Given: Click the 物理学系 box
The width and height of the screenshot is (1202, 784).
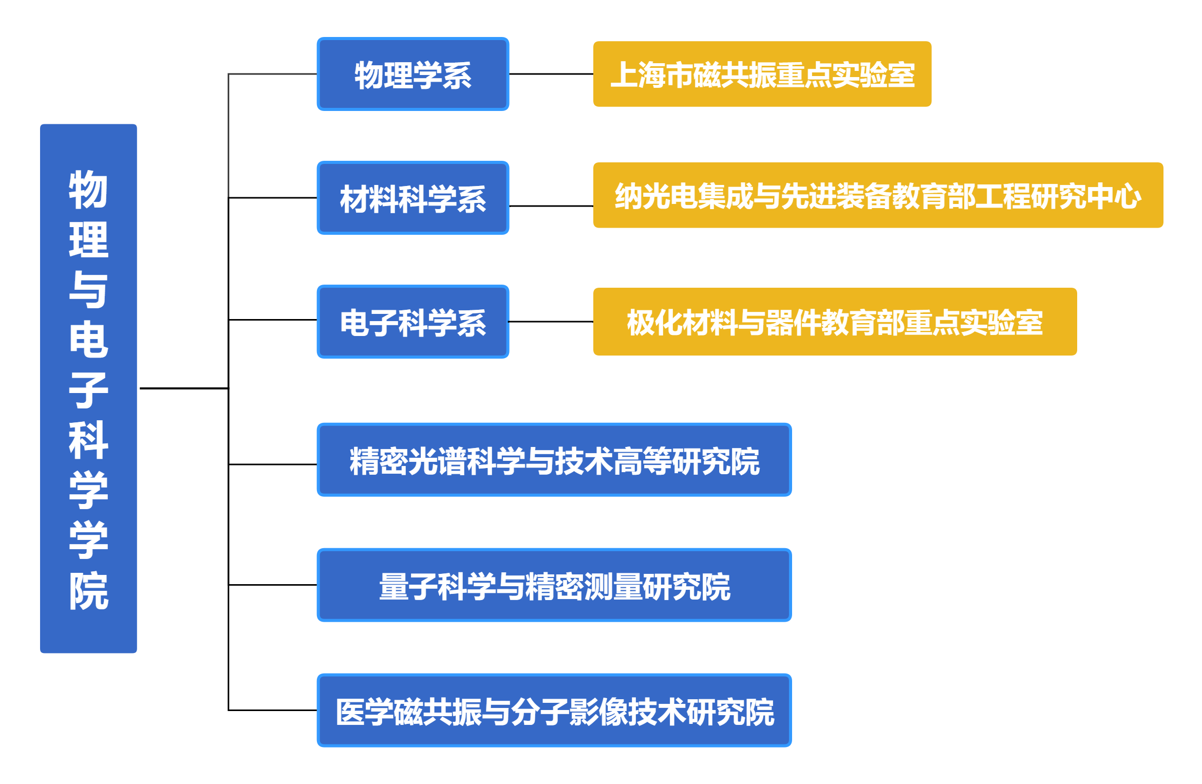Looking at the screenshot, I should coord(413,74).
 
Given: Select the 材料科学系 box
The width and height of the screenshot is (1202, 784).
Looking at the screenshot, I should coord(413,198).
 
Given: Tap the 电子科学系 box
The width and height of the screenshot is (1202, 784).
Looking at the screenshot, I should coord(413,322).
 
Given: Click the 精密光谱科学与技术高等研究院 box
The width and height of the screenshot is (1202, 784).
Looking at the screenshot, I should coord(554,460).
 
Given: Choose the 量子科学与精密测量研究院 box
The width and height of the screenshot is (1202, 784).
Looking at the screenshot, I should coord(554,585).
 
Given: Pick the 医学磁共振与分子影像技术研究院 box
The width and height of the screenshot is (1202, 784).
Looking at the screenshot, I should coord(554,711).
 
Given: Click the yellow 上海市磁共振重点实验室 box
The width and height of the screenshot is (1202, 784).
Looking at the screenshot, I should coord(762,74).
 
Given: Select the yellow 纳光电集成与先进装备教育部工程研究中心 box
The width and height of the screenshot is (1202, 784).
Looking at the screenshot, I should coord(878,196).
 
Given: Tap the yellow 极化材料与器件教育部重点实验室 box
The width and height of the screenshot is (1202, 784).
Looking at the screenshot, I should coord(835,322).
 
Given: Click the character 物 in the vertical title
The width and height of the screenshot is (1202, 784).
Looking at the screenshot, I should coord(88,190).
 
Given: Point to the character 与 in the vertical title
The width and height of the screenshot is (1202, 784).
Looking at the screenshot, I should coord(88,290).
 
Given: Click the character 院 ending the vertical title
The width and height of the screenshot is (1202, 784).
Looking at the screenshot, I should coord(88,591).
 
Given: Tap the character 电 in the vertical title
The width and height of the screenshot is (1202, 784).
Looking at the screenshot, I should coord(88,340).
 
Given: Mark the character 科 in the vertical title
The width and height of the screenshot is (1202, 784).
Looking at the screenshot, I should coord(88,440).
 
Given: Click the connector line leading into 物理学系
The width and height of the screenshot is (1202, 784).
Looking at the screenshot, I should coord(272,74).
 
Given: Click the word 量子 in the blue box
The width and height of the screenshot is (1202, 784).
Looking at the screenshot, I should coord(408,586).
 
